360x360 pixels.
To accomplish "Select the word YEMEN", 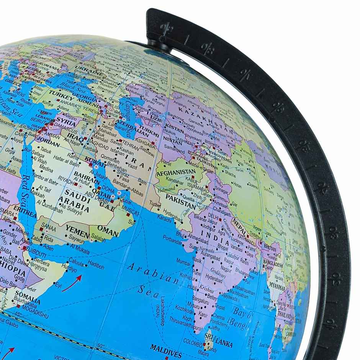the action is pos(77,229).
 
